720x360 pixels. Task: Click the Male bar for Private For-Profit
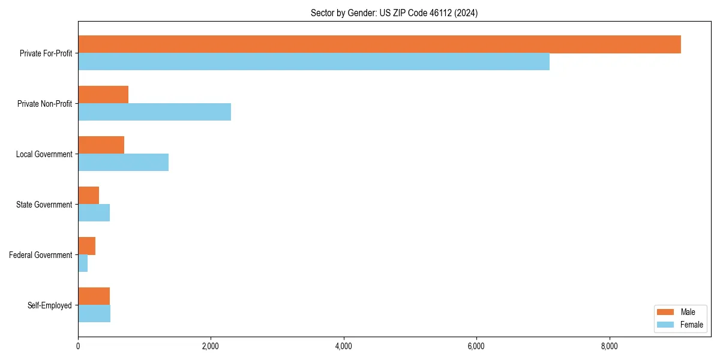click(x=379, y=44)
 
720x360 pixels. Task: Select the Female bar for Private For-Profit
click(x=314, y=62)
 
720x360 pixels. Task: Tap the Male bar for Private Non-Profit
click(x=103, y=95)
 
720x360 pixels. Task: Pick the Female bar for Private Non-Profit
click(x=154, y=112)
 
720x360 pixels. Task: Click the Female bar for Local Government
click(x=123, y=163)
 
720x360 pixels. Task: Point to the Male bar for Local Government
click(x=101, y=145)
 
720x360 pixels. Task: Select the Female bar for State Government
click(x=94, y=213)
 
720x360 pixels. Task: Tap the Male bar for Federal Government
click(x=86, y=246)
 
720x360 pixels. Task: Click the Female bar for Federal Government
click(x=83, y=263)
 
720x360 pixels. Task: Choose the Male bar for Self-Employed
click(x=94, y=296)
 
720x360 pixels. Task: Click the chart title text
click(x=394, y=13)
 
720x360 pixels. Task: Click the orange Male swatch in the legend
click(x=666, y=312)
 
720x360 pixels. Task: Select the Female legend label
click(x=691, y=325)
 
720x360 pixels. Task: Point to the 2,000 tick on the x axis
click(x=211, y=346)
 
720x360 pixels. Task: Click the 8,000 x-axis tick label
click(x=609, y=346)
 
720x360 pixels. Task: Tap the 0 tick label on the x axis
click(x=78, y=346)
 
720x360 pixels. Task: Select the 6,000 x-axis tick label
click(x=476, y=346)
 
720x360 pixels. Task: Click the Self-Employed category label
click(x=50, y=305)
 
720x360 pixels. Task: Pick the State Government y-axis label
click(x=44, y=205)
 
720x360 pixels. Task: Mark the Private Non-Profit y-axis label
click(x=45, y=104)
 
